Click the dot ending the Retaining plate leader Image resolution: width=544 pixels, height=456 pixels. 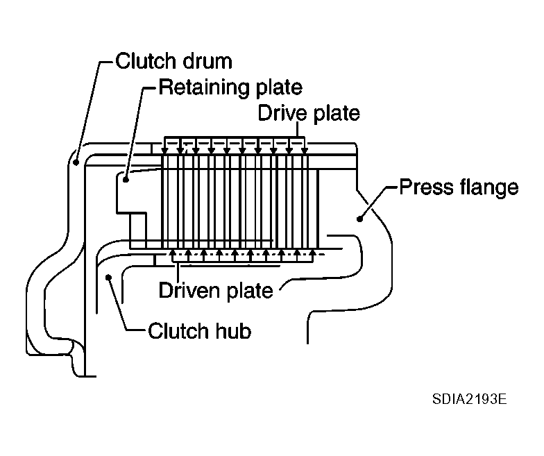pos(127,180)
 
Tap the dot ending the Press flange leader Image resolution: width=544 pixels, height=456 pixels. pos(359,219)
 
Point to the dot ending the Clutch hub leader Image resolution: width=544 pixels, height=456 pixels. pos(109,278)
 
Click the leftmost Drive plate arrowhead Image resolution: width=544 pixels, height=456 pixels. pos(165,149)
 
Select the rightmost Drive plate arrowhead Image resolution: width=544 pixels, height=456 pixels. pos(305,149)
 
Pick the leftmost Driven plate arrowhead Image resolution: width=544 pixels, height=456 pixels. pos(173,253)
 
